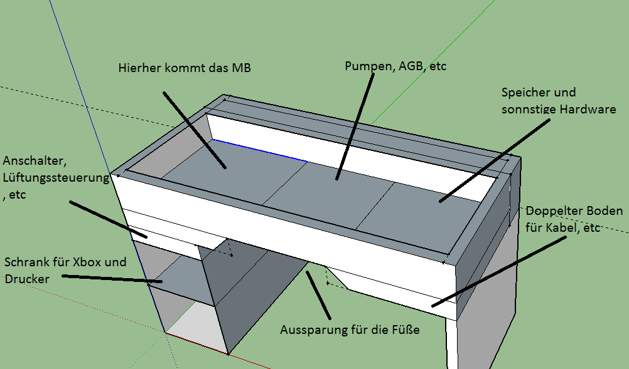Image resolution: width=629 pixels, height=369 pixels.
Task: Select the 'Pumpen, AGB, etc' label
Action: tap(395, 66)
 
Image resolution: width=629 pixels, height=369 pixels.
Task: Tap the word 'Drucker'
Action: tap(26, 279)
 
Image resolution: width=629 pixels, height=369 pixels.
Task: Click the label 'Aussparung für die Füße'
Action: tap(350, 330)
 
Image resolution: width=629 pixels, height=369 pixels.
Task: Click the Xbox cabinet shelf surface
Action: tap(179, 276)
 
